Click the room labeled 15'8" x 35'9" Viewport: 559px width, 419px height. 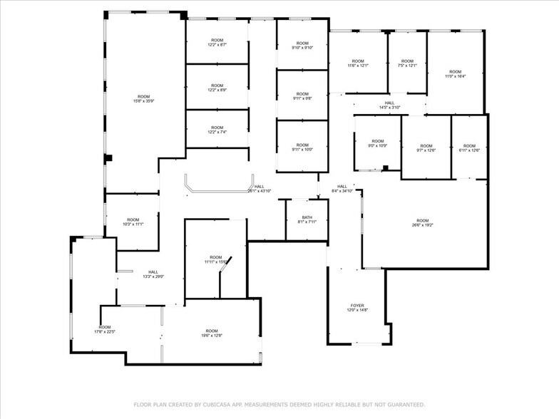(144, 99)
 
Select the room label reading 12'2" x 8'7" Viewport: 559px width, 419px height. (217, 42)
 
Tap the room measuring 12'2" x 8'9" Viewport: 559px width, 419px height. (217, 88)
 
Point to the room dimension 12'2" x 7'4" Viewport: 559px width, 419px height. (217, 130)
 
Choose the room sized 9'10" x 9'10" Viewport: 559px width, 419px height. (302, 46)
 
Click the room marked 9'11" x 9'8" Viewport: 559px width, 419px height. (302, 96)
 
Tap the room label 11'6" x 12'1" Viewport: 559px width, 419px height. (358, 63)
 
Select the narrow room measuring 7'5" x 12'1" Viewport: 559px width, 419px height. (407, 63)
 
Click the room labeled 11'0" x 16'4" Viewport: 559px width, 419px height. (456, 74)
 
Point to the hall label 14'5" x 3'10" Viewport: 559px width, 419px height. (389, 105)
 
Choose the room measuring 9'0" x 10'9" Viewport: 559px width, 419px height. (377, 144)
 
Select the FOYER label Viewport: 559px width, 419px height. (357, 306)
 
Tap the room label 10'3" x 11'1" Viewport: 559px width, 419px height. (133, 222)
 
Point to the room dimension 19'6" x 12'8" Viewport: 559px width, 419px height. (212, 333)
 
